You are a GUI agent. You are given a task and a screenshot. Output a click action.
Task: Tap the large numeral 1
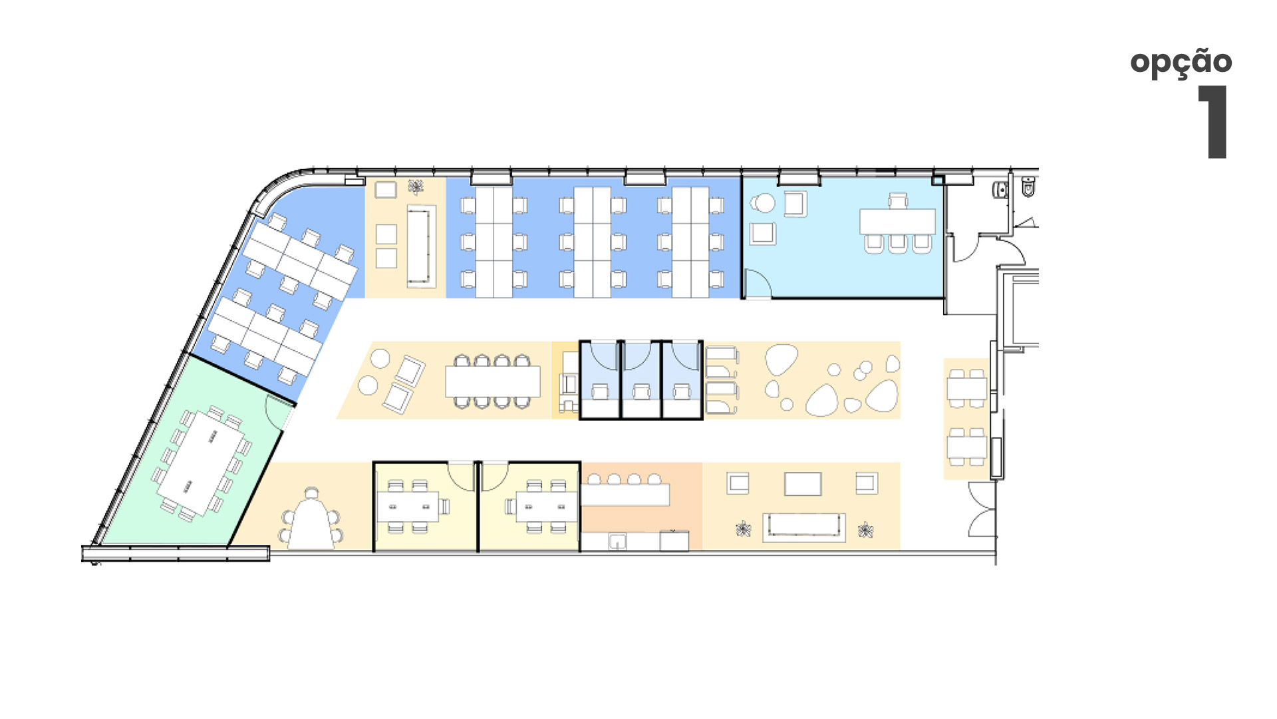pos(1214,122)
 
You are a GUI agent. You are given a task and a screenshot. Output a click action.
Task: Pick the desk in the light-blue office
pos(897,222)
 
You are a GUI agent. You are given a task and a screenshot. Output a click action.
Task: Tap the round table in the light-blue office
pos(764,203)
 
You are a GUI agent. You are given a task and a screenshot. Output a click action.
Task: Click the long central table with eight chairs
pos(492,381)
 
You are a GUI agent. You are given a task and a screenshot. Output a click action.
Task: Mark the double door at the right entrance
pos(983,509)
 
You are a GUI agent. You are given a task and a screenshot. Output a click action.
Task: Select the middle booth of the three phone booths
pos(641,380)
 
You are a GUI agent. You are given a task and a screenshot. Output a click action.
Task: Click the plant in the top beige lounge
pos(416,187)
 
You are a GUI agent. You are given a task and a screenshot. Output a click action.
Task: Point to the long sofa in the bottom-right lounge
pos(804,527)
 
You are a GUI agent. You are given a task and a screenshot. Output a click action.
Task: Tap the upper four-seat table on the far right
pos(967,388)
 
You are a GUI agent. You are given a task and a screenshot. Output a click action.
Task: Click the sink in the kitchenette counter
pos(617,542)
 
